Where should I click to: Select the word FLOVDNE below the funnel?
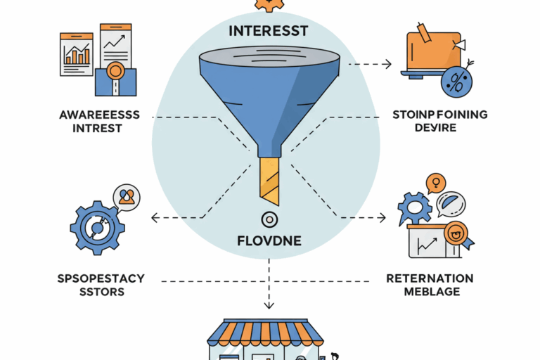[270, 241]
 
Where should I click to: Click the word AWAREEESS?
[100, 115]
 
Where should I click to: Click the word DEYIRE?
[435, 129]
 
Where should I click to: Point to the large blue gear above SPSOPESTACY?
[97, 226]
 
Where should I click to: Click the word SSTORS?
[100, 292]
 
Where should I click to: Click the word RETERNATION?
[430, 278]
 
